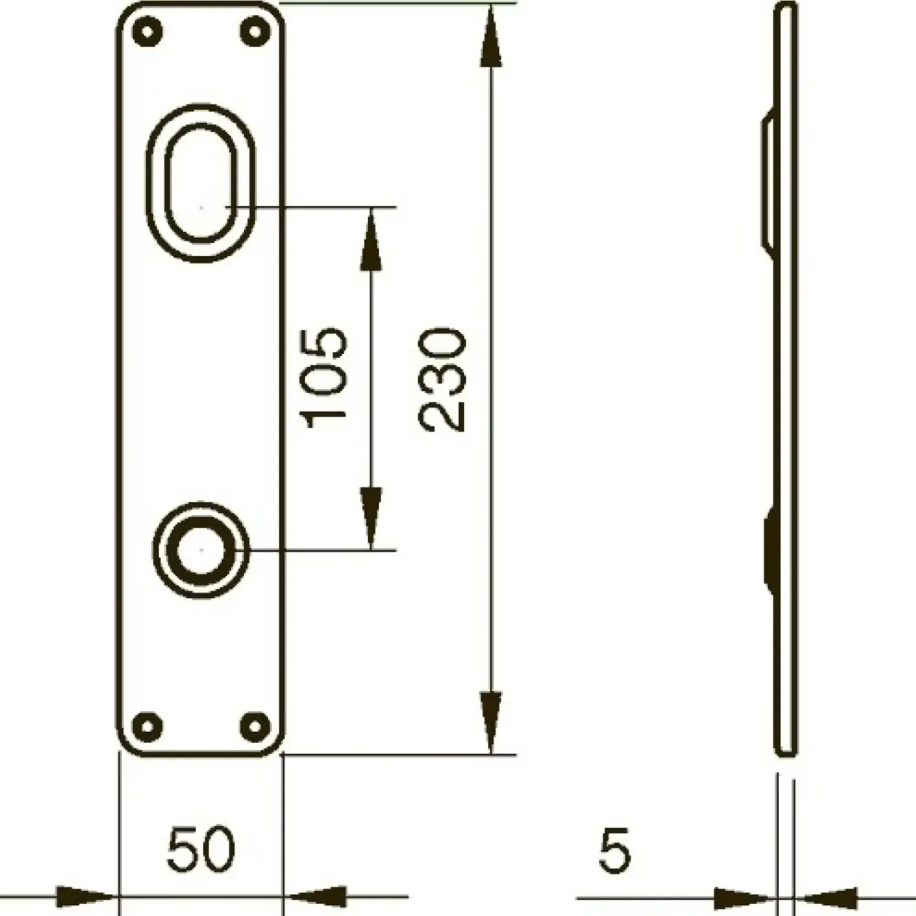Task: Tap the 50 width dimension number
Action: click(x=201, y=849)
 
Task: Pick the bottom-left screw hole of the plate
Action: click(x=147, y=726)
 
